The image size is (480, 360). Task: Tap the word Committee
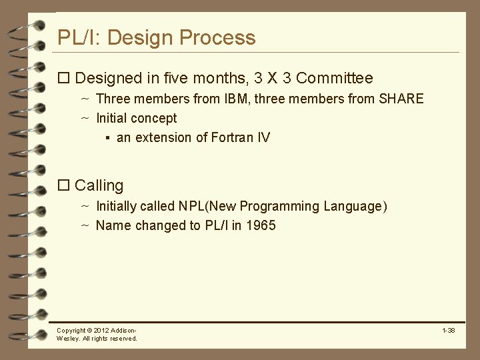[335, 79]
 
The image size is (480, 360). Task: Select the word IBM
[244, 99]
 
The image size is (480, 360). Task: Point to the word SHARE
[401, 99]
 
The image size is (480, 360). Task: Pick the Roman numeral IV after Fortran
[263, 138]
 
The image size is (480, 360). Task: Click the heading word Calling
[99, 185]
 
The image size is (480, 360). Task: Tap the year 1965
[261, 225]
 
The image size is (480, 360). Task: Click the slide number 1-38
[448, 331]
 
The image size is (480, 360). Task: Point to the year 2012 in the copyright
[102, 331]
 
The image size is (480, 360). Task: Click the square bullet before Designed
[64, 79]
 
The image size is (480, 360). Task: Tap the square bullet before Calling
[64, 185]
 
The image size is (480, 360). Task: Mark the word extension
[163, 138]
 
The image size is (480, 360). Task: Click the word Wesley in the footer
[67, 339]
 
